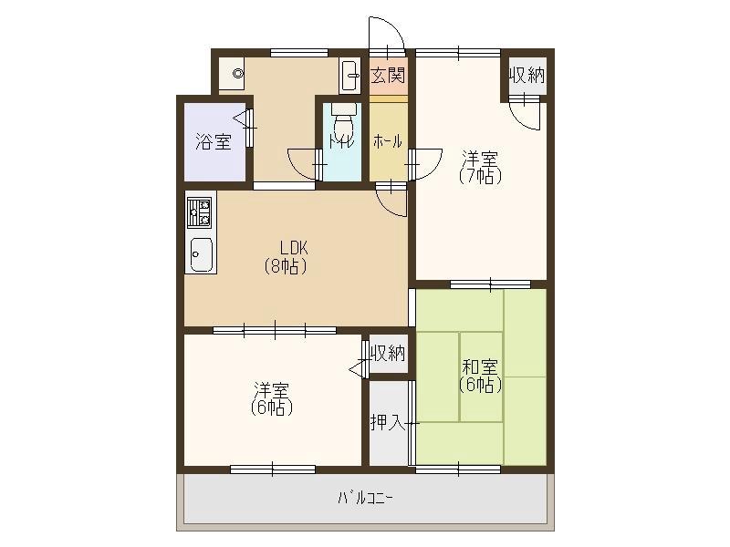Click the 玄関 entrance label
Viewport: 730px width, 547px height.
click(388, 75)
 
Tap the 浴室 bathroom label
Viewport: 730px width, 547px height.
click(214, 141)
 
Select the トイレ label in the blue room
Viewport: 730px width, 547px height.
click(341, 140)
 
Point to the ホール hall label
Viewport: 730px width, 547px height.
click(388, 141)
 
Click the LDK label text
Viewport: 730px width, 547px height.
click(294, 247)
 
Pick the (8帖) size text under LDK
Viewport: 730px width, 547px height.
click(286, 267)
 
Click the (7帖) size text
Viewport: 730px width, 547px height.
click(480, 176)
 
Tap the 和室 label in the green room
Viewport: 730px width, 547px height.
click(480, 367)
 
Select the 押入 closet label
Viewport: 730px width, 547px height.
click(387, 422)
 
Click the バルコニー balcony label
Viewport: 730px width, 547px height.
click(366, 499)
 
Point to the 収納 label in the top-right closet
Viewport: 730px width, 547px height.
click(527, 76)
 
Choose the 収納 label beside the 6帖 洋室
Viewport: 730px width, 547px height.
click(388, 354)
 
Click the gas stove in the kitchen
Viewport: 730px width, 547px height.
click(199, 212)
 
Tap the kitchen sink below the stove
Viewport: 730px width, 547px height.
click(201, 254)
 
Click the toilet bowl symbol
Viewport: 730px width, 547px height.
click(344, 121)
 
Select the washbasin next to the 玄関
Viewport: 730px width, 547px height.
click(349, 76)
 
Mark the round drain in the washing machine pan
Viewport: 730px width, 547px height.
click(238, 73)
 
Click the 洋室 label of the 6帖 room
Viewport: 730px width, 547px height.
click(272, 389)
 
